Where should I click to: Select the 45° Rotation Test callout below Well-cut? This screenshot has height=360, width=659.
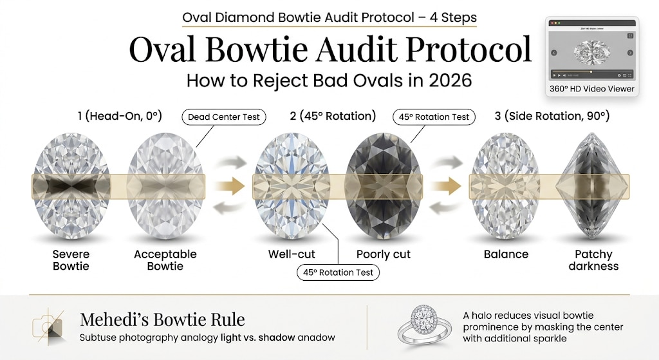coord(339,272)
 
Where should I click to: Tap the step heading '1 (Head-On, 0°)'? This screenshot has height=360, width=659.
coord(118,117)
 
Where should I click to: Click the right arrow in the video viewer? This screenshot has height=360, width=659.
coord(630,53)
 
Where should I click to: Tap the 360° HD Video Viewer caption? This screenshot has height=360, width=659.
coord(592,89)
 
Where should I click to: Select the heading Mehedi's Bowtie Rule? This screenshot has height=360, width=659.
coord(162,319)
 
